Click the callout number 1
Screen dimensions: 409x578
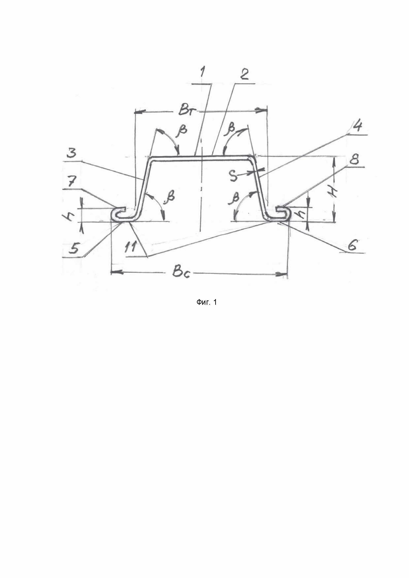(x=202, y=73)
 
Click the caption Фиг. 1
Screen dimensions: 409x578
(x=206, y=302)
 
